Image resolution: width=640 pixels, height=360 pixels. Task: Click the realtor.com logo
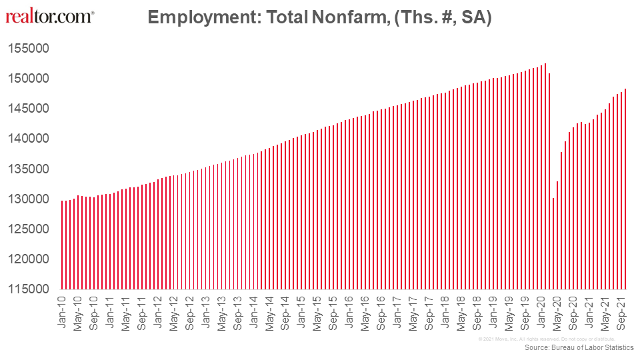click(49, 16)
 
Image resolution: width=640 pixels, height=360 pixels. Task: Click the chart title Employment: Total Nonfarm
click(319, 17)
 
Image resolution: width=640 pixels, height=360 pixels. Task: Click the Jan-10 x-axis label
click(62, 313)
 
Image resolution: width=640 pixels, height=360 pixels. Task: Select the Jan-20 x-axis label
click(541, 313)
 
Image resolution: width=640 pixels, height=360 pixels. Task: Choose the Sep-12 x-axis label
click(189, 313)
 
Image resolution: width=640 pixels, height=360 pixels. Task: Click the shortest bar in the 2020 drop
click(553, 243)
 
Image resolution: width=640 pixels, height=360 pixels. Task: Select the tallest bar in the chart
click(545, 177)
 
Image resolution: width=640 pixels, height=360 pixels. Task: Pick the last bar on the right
click(625, 190)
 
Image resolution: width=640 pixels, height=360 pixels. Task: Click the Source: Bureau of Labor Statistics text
click(579, 348)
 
